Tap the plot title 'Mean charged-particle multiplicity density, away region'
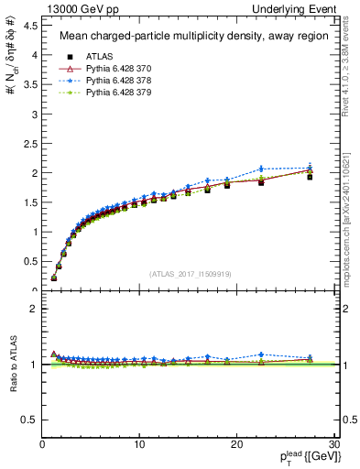pos(189,37)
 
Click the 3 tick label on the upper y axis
pos(35,114)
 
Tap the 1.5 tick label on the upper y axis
pos(32,202)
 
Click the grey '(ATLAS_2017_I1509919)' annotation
pos(190,273)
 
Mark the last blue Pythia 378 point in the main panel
pos(310,168)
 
